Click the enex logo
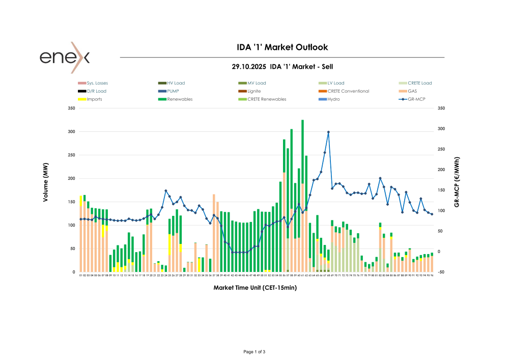tap(65, 57)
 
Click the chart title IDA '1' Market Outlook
tap(282, 47)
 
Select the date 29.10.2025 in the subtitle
tap(249, 67)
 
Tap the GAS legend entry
tap(412, 91)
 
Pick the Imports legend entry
tap(95, 99)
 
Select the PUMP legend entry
tap(173, 91)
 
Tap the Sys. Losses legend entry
tap(97, 83)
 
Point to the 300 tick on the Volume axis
tap(71, 132)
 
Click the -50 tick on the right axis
tap(441, 272)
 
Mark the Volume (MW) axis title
tap(45, 186)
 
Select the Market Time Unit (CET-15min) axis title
tap(255, 288)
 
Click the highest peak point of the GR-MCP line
tap(328, 132)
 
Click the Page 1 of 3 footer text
tap(254, 352)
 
